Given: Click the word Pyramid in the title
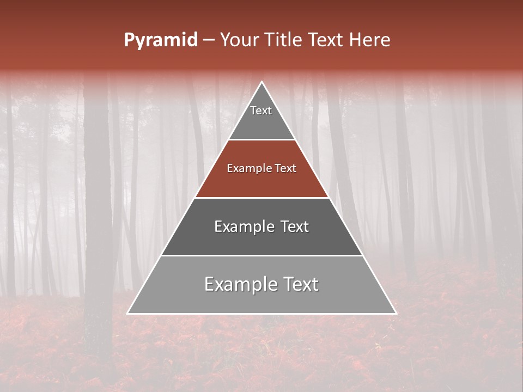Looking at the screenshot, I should tap(160, 40).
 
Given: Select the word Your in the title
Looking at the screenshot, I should tap(239, 40).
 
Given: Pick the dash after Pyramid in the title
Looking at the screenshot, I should tap(208, 41).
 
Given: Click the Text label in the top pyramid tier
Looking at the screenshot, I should tap(261, 111).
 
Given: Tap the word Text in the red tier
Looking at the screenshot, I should tap(285, 169).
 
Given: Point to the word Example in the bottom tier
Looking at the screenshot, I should tap(237, 284).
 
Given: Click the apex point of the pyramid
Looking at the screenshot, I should tap(262, 82).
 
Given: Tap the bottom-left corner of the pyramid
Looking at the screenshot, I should tap(128, 313).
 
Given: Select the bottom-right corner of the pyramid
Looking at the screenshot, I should tap(396, 313).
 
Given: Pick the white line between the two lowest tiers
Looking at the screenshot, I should tap(262, 255).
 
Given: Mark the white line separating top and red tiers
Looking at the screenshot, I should tap(262, 140).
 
